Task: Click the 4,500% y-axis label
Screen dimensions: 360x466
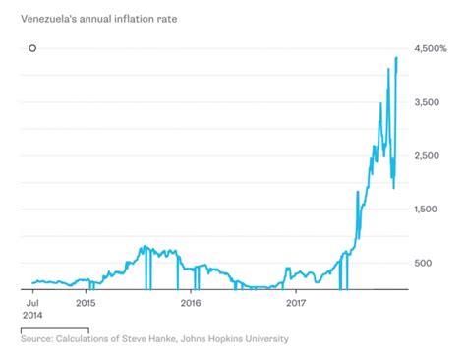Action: point(435,48)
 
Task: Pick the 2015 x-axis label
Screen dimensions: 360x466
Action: point(86,305)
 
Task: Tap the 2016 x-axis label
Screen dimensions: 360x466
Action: point(191,305)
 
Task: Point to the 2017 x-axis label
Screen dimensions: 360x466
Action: point(295,305)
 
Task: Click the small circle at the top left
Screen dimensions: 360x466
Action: point(32,48)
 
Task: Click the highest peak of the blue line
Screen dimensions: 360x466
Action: point(396,58)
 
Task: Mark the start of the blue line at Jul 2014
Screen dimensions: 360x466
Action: point(32,283)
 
